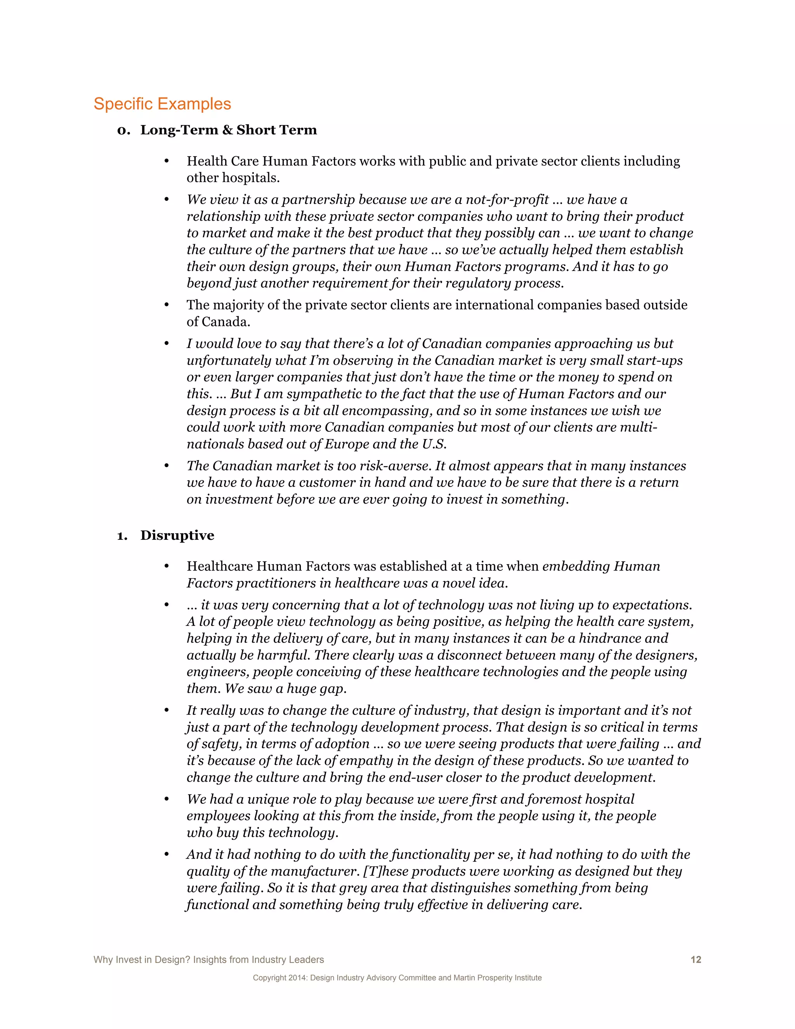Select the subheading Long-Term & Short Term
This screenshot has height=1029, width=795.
[x=228, y=130]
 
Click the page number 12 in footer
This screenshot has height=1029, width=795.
[x=696, y=960]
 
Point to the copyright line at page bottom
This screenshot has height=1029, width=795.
[x=397, y=978]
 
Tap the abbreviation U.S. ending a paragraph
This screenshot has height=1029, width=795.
[x=434, y=444]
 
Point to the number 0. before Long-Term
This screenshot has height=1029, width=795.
[x=123, y=130]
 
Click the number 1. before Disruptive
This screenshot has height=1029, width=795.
[x=122, y=536]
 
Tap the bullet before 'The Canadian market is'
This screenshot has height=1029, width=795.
[x=166, y=466]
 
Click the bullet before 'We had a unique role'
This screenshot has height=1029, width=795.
[x=166, y=799]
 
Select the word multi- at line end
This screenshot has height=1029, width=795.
[x=639, y=428]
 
